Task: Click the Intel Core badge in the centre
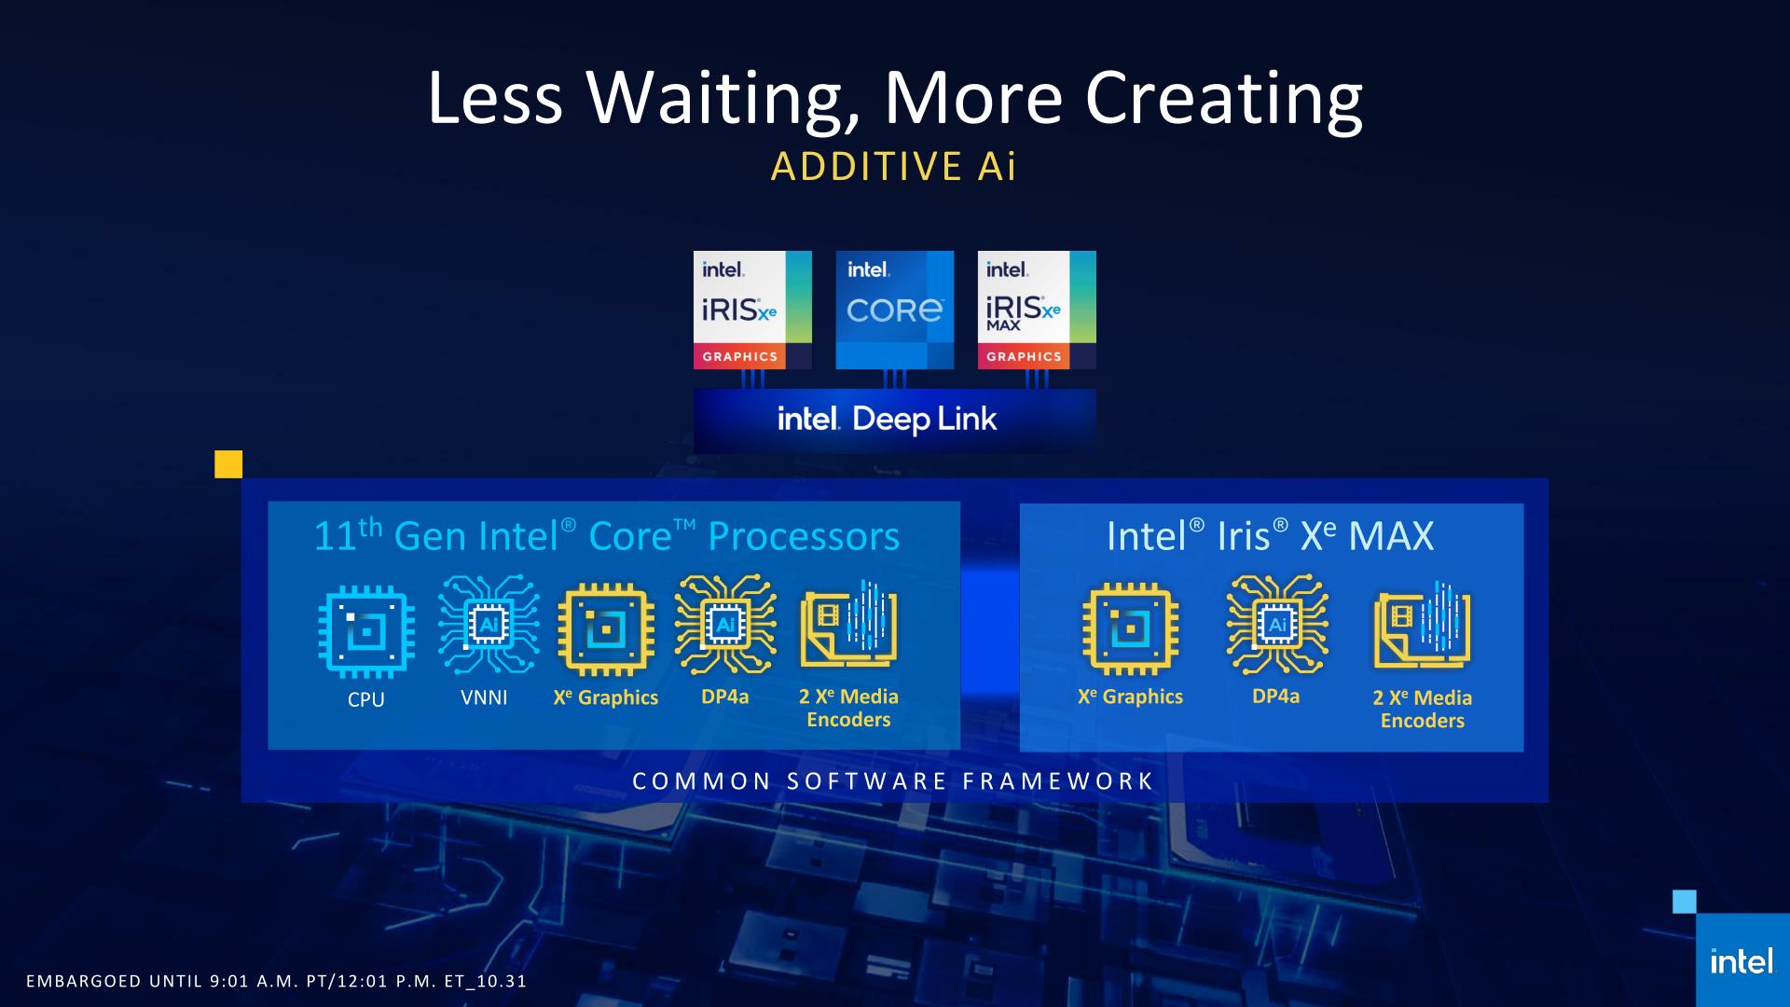pos(894,310)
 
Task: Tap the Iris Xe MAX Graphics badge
pos(1037,310)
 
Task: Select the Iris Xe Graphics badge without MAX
pos(752,310)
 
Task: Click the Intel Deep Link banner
pos(894,421)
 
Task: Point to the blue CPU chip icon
pos(366,632)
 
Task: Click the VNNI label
pos(484,697)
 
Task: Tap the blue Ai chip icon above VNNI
pos(489,624)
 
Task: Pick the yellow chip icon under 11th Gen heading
pos(606,630)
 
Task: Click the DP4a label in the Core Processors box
pos(725,697)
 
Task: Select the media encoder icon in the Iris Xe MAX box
pos(1422,624)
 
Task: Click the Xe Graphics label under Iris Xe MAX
pos(1130,697)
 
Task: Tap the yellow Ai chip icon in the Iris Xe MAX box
pos(1277,624)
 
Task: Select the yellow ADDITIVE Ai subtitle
pos(893,167)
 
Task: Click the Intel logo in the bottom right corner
pos(1742,961)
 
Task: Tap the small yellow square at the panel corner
pos(228,464)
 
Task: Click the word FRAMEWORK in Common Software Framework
pos(1058,781)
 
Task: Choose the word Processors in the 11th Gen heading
pos(804,536)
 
